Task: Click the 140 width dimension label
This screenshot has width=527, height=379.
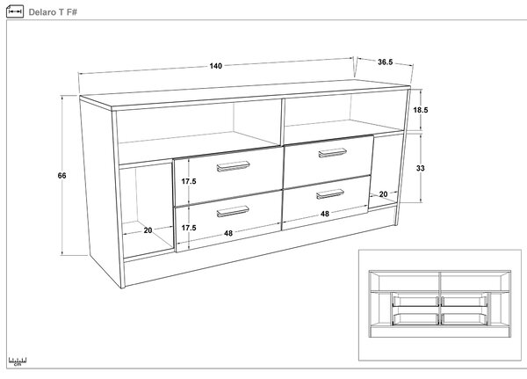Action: click(216, 66)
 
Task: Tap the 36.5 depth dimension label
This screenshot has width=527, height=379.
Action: click(386, 62)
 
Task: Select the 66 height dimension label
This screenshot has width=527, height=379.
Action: click(61, 175)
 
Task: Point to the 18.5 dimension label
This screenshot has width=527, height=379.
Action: click(421, 110)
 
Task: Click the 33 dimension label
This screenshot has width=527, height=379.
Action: click(421, 168)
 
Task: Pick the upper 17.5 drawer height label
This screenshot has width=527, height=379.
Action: click(189, 181)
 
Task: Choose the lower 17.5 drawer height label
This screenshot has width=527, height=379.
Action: click(189, 228)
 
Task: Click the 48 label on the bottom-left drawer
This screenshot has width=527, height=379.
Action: click(228, 233)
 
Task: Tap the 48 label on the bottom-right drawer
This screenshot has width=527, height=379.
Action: click(325, 214)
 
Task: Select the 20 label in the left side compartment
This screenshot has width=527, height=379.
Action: click(148, 230)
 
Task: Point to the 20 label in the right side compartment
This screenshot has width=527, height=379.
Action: click(383, 194)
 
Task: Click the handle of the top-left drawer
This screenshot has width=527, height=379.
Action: click(233, 166)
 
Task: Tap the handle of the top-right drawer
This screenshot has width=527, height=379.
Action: click(332, 152)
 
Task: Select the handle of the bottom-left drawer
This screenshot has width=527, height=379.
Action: click(233, 211)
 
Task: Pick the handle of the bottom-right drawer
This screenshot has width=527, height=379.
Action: click(330, 193)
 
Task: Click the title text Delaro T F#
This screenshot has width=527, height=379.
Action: click(53, 12)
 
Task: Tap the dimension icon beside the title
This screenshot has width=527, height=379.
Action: click(15, 11)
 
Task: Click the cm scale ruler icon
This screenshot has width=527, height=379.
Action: click(18, 361)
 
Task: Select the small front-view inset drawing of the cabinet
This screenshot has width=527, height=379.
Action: click(440, 303)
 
